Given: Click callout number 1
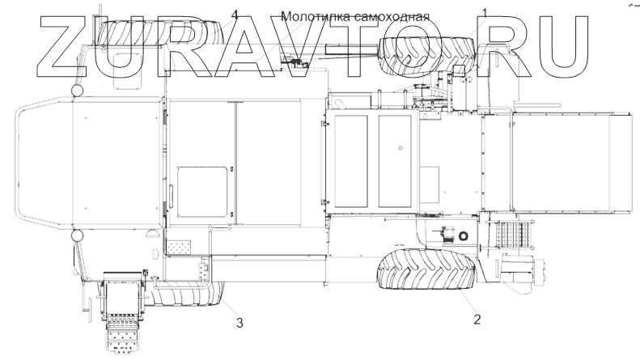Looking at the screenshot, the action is [x=485, y=13].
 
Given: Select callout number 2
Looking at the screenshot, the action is [x=477, y=319].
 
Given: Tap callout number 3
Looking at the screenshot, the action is [x=239, y=324].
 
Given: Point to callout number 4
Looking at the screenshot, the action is [x=235, y=15].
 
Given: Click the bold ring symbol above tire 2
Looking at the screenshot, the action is [x=463, y=236].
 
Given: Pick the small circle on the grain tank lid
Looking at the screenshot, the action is [x=400, y=149].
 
